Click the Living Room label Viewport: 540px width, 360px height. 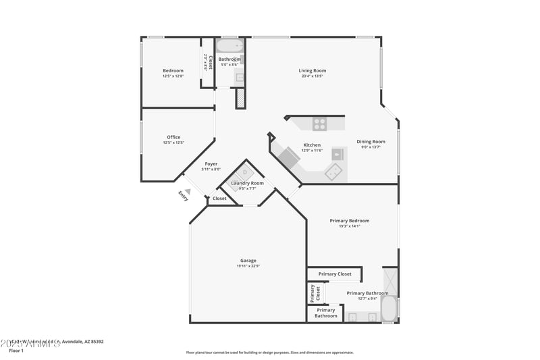313,70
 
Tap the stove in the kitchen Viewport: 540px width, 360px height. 319,124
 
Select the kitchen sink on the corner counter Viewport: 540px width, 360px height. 333,173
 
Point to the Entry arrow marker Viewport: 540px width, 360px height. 188,191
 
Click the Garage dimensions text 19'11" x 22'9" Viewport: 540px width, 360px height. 248,266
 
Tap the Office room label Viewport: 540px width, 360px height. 173,137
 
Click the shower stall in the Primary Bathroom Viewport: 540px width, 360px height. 390,278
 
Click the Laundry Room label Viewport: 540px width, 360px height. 247,183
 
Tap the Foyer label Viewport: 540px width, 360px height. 211,163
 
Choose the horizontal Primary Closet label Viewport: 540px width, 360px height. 335,274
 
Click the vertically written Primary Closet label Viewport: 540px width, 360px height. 313,293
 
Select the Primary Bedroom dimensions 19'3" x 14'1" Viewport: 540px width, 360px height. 349,226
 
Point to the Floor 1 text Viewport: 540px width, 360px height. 16,351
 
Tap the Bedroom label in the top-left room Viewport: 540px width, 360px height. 173,70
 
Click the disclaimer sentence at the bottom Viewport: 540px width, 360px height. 269,352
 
